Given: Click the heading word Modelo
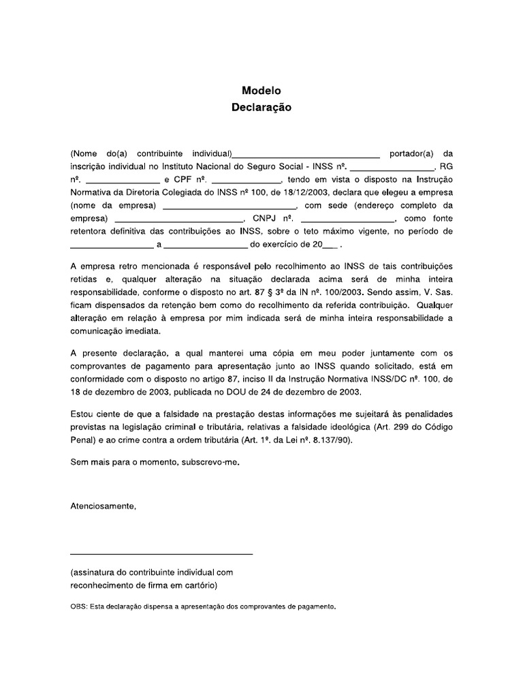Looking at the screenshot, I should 261,90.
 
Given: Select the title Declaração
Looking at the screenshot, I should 261,107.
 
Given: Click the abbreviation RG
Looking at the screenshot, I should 446,166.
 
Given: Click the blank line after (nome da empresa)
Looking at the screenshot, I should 229,206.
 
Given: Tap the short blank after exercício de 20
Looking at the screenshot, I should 330,245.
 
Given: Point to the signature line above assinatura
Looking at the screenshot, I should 161,553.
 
